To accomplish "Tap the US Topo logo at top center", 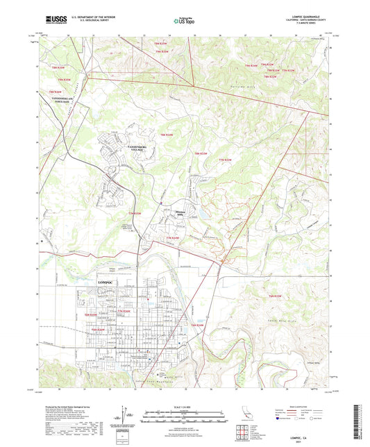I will (x=183, y=21).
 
